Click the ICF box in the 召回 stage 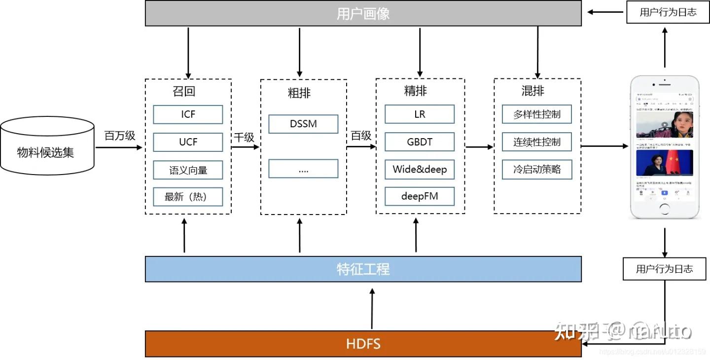[188, 114]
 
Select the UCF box [188, 142]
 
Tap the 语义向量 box [188, 170]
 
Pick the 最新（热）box [188, 197]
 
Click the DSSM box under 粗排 [303, 124]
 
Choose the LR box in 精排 [420, 114]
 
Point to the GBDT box [420, 142]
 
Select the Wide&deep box [420, 170]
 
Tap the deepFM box [420, 196]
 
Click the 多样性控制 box [537, 114]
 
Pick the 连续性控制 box [537, 142]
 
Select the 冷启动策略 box [537, 170]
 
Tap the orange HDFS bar [363, 344]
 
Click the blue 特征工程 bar [363, 269]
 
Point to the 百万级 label [119, 136]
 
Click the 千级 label [244, 137]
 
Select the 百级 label [361, 136]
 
